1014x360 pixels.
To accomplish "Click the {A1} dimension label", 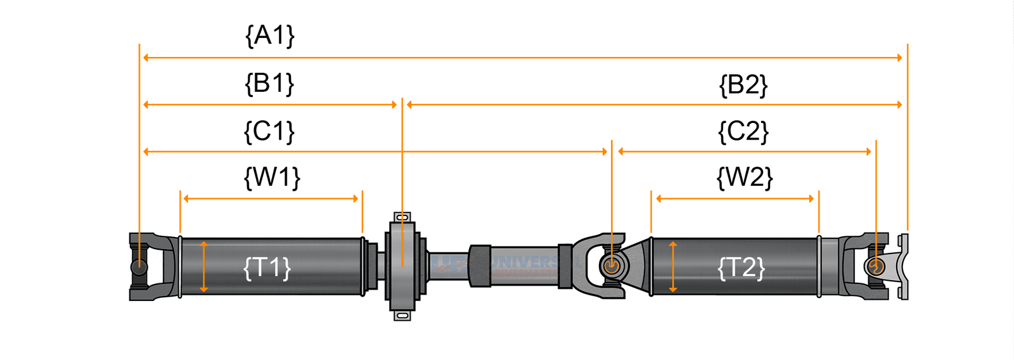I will [x=270, y=35].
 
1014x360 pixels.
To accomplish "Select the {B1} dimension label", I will [x=269, y=83].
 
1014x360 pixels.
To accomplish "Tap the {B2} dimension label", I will [x=743, y=84].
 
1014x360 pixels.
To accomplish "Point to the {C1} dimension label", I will [x=269, y=131].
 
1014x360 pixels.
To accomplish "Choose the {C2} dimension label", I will [x=743, y=131].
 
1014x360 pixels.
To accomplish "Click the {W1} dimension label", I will [x=272, y=177].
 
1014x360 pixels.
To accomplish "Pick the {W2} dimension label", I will [x=745, y=177].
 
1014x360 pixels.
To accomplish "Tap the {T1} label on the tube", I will [x=267, y=267].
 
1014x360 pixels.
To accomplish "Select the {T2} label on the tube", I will [x=741, y=267].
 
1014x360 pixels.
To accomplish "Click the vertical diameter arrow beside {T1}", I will [x=203, y=266].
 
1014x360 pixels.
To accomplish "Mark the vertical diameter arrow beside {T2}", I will [x=672, y=266].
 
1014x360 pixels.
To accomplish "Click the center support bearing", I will [x=402, y=266].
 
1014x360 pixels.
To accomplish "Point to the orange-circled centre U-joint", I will [x=611, y=266].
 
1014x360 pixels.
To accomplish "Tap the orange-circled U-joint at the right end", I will [x=876, y=266].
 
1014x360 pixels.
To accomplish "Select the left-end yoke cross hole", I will [x=139, y=267].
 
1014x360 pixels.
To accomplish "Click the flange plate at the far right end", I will [x=904, y=266].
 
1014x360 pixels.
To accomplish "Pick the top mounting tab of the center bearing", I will [x=402, y=217].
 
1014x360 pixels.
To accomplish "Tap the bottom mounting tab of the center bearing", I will [x=402, y=315].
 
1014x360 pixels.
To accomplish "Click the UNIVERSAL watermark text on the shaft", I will [x=523, y=262].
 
